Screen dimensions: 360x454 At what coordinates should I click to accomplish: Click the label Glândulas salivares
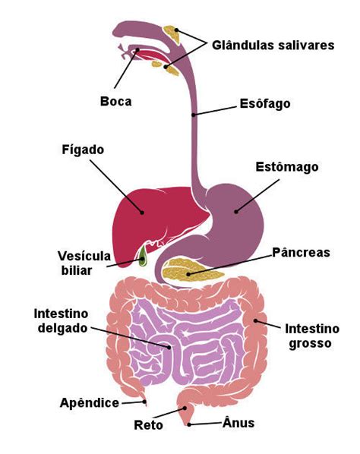273,45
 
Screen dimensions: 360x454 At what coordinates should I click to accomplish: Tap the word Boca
116,101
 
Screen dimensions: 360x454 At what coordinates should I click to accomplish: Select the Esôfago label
265,104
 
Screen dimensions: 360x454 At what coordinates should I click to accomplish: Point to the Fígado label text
83,150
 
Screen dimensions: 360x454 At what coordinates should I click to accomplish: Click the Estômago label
287,167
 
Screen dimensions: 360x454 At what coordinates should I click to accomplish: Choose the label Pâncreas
301,253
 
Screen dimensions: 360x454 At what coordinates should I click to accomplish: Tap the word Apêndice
90,402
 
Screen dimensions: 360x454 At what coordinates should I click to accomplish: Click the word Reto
148,425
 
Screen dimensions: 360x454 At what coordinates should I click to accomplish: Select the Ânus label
238,422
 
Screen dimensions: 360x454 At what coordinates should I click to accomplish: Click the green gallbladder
142,257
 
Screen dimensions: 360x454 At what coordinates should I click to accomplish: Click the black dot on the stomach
236,212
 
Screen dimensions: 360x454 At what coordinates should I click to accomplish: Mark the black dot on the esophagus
194,115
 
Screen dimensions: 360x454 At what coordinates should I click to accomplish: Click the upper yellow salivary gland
172,34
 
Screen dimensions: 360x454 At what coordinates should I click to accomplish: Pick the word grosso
310,344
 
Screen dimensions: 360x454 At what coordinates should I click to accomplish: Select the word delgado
62,328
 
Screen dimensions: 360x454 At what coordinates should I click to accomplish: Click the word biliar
77,270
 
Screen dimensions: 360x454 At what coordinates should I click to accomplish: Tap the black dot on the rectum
185,408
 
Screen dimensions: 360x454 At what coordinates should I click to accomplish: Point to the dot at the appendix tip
144,402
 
